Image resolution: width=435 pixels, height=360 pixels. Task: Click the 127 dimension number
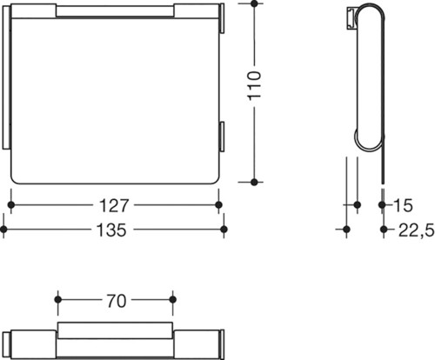[114, 205]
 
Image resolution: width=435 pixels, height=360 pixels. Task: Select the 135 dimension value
[111, 230]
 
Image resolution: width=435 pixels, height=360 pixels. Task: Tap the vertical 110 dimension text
[255, 86]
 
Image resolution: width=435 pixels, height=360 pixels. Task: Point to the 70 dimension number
[117, 301]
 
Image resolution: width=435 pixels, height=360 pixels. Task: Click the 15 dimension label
[403, 205]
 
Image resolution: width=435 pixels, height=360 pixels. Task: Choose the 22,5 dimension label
[417, 230]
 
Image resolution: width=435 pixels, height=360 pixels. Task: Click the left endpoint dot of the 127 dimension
[11, 205]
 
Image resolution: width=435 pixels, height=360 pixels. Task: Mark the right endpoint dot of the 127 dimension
[219, 205]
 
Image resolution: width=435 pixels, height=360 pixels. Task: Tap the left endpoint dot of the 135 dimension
[3, 230]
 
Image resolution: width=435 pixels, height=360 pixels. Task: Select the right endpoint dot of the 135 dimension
[224, 230]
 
